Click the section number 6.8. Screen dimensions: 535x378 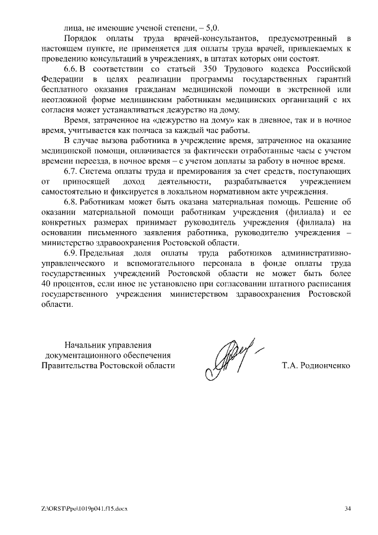pyautogui.click(x=72, y=202)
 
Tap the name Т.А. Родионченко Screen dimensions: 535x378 pyautogui.click(x=317, y=366)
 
